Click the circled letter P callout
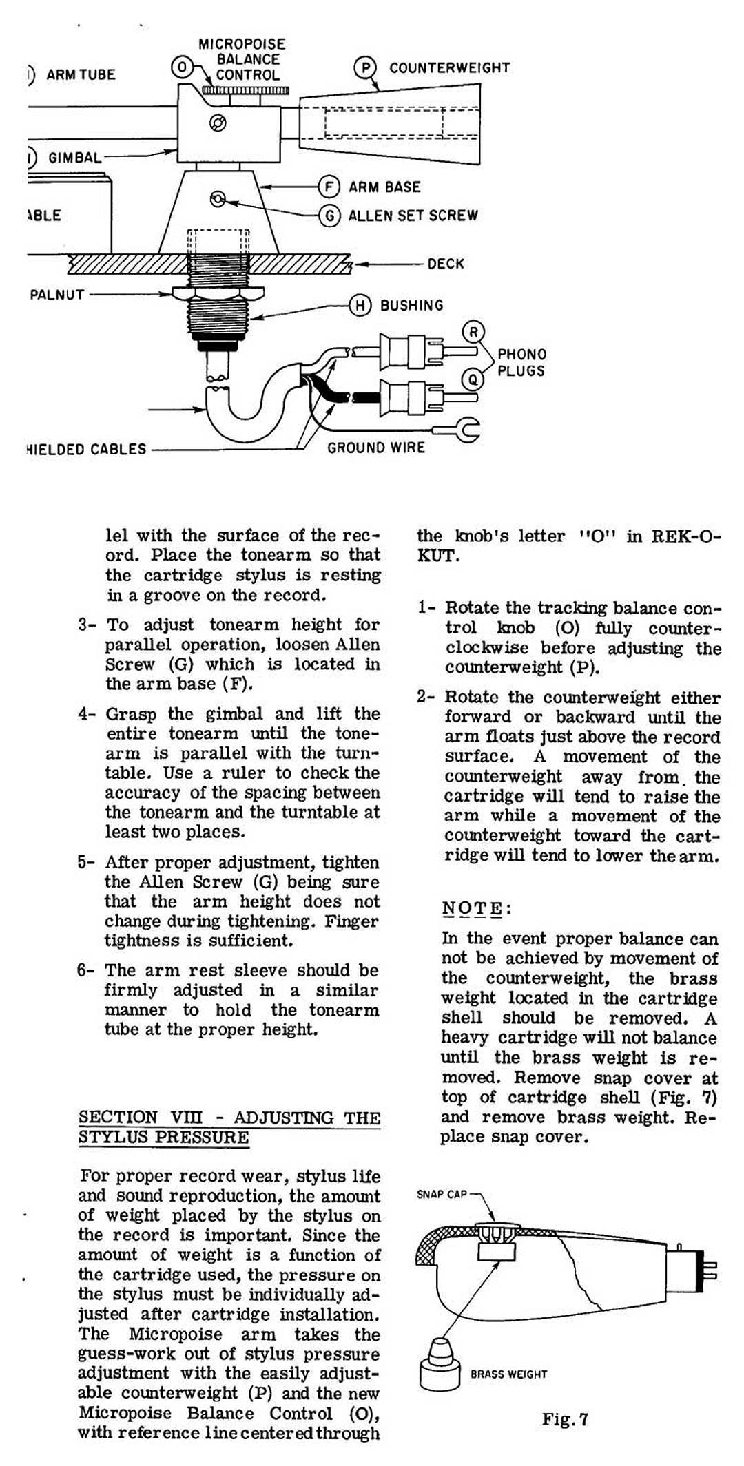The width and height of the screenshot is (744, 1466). tap(365, 67)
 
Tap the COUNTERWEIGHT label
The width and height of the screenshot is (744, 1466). tap(449, 67)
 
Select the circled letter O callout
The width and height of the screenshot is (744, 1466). tap(182, 67)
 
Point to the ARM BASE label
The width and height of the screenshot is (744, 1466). tap(384, 187)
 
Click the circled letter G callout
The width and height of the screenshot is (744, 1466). tap(330, 216)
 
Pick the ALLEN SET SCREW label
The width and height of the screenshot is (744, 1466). tap(413, 216)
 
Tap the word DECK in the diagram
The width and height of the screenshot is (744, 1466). tap(446, 264)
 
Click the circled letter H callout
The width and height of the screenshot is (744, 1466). tap(360, 305)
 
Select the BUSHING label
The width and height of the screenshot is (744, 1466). tap(411, 305)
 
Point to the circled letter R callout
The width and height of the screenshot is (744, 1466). tap(473, 333)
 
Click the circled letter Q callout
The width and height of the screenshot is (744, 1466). tap(473, 379)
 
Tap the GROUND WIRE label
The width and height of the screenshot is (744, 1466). tap(376, 448)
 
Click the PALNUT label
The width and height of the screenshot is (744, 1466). tap(57, 295)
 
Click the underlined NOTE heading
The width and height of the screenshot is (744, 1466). tap(473, 909)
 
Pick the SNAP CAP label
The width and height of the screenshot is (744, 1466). tap(442, 1194)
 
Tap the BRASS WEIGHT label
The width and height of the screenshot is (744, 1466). tap(508, 1374)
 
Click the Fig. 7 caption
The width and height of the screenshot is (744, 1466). tap(565, 1419)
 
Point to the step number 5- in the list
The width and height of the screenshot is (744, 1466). tap(85, 863)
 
